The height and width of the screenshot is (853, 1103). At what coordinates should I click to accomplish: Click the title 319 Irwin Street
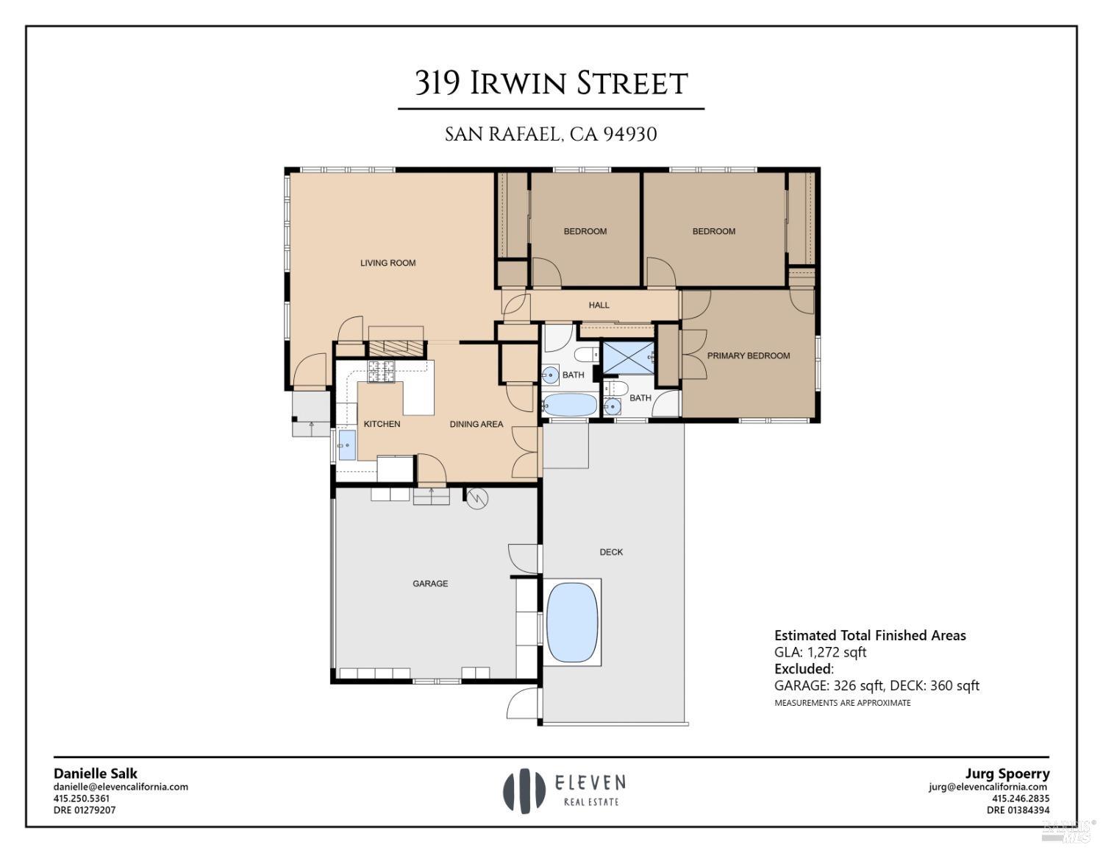(551, 83)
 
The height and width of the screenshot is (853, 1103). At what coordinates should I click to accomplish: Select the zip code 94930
(629, 135)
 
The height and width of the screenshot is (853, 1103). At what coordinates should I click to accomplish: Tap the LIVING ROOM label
(388, 263)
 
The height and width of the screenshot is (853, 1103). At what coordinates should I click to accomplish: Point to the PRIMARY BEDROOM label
(748, 355)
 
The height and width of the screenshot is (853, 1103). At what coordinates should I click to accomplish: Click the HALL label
(599, 305)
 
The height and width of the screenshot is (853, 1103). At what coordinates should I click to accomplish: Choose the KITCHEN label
(382, 424)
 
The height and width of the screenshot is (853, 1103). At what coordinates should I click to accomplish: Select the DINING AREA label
(476, 424)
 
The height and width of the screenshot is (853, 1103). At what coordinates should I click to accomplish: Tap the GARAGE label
(430, 584)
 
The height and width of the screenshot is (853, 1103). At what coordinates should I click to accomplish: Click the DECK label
(611, 552)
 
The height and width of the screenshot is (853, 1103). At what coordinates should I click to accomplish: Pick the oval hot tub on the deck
(572, 623)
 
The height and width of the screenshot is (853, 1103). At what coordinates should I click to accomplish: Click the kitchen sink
(346, 445)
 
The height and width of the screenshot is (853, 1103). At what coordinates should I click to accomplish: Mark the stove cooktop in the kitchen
(382, 372)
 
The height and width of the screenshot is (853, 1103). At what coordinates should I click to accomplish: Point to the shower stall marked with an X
(627, 358)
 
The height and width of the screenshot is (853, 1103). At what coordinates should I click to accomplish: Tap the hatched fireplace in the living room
(396, 348)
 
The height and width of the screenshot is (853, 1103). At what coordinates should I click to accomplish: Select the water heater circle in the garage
(477, 498)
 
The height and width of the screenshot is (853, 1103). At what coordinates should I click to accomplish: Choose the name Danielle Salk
(95, 774)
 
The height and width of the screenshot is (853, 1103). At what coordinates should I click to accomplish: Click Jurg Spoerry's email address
(988, 787)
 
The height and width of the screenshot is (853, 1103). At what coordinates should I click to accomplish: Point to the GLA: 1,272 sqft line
(820, 652)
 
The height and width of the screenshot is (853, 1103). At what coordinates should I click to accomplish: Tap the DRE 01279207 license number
(85, 810)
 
